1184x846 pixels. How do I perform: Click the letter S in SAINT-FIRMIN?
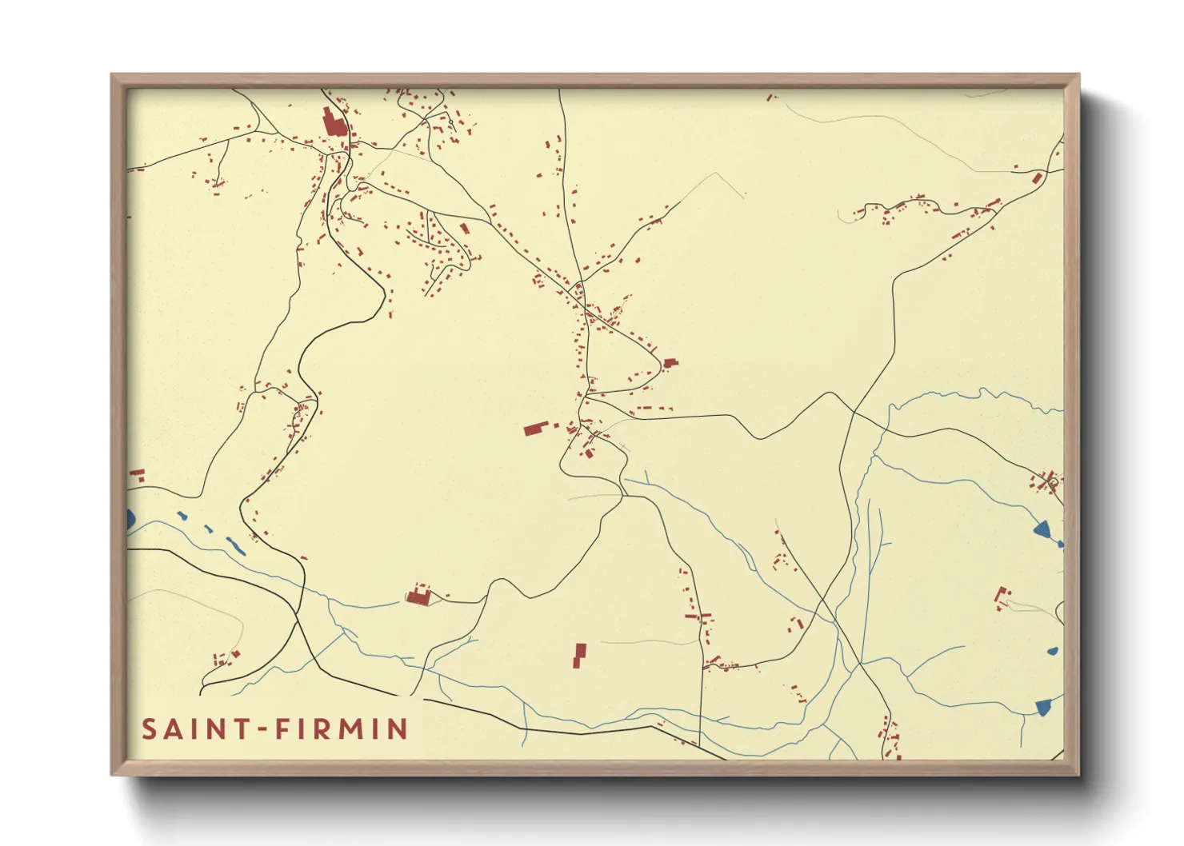coord(150,729)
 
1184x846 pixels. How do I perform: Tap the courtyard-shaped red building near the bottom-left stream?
coord(418,596)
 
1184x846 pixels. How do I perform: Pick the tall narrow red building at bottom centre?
coord(579,655)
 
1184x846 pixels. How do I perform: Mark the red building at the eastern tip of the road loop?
coord(670,363)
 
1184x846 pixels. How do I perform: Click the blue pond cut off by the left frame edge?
coord(130,520)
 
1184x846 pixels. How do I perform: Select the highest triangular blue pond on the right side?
coord(1042,529)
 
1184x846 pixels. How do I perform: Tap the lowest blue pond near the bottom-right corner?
coord(1042,706)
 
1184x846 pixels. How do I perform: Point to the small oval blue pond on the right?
coord(1053,651)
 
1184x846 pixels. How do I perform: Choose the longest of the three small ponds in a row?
coord(235,545)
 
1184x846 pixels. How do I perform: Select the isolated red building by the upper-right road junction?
coord(1037,178)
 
